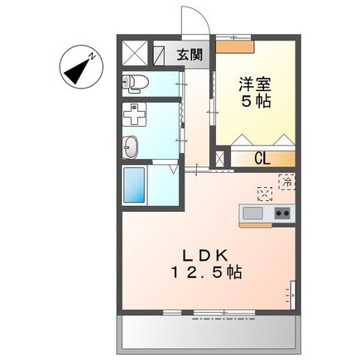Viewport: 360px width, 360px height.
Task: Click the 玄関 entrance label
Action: point(190,55)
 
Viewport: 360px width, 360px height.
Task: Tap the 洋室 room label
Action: point(255,84)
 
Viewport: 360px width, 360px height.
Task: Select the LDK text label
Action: point(206,256)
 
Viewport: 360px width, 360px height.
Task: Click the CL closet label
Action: point(262,159)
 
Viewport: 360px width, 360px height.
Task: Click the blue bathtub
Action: point(134,185)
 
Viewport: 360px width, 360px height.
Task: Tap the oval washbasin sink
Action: point(130,147)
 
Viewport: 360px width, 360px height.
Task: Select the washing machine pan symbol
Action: point(134,115)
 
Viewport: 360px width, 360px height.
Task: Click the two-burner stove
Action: point(282,214)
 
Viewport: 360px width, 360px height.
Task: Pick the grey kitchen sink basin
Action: point(252,214)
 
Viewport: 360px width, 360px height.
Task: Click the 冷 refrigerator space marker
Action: point(287,182)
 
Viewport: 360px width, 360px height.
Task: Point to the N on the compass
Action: point(92,57)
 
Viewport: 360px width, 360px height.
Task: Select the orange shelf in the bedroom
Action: point(234,46)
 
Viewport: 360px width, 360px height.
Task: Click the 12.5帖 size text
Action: point(206,272)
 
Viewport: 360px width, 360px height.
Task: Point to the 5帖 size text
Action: point(256,101)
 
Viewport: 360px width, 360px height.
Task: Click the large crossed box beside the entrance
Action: point(135,54)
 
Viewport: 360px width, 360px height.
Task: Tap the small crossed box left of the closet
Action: point(220,160)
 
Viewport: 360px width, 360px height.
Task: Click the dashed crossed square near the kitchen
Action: point(265,194)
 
